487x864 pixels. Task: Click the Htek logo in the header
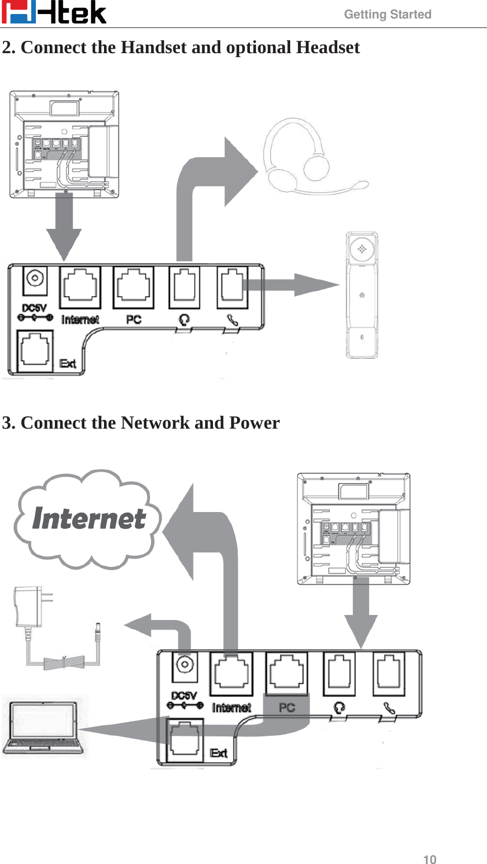click(54, 13)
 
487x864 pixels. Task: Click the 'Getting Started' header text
click(387, 15)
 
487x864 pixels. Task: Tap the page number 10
click(429, 860)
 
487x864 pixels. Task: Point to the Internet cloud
click(88, 519)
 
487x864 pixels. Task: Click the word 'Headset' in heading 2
click(328, 48)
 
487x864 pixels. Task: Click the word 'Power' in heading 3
click(254, 422)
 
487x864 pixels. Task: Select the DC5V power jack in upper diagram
click(35, 279)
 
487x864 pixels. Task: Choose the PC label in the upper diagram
click(134, 319)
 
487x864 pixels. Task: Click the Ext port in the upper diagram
click(36, 351)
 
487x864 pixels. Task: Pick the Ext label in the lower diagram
click(219, 753)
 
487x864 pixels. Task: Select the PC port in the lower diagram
click(287, 673)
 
